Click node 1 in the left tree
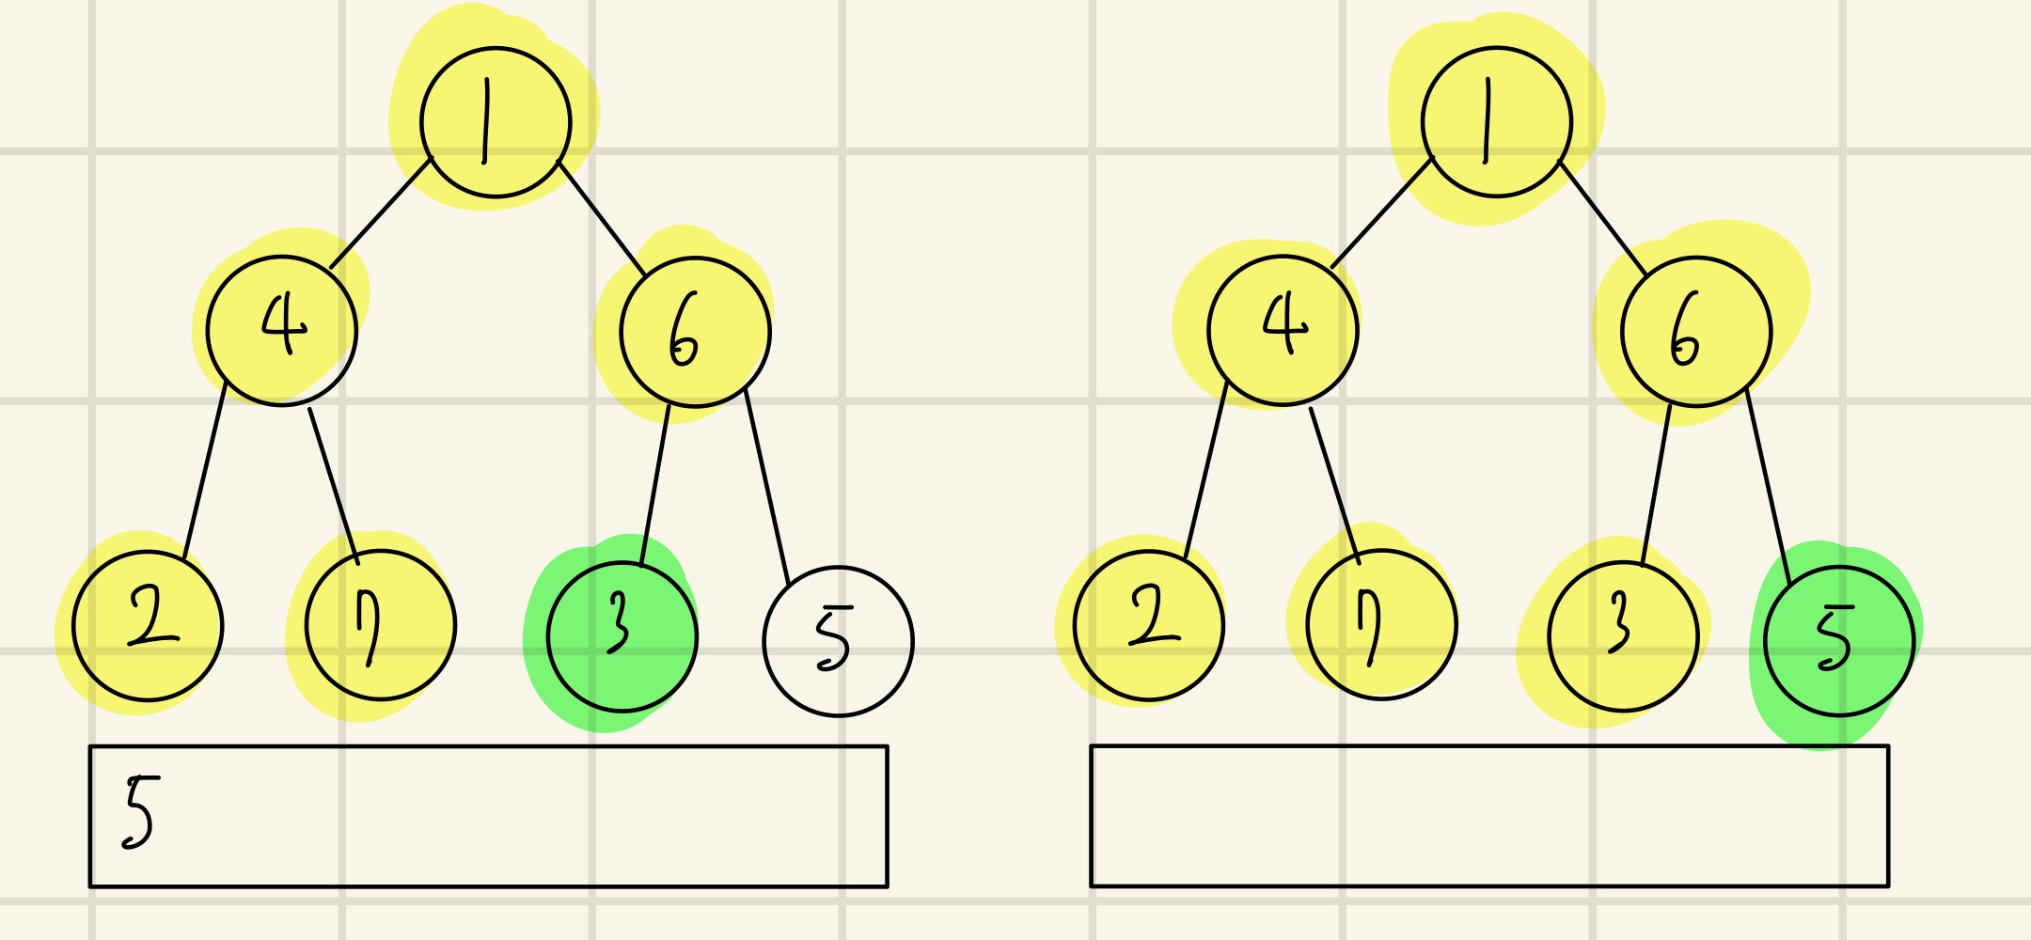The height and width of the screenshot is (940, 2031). [x=496, y=122]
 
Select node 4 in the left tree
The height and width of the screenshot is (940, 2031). [x=281, y=330]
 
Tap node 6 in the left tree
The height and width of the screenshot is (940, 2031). [x=695, y=332]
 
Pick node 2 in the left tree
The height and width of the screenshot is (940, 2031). [x=148, y=625]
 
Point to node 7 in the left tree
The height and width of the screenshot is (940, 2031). [x=380, y=625]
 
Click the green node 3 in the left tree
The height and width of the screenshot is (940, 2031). [x=622, y=636]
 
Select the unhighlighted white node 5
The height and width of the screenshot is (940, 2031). [x=837, y=641]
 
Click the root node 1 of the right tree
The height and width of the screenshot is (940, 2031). [x=1496, y=122]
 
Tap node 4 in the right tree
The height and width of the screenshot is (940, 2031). [x=1283, y=330]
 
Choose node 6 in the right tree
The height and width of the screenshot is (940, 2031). [x=1696, y=332]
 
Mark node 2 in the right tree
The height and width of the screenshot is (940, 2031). [x=1148, y=625]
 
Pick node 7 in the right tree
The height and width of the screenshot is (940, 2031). [x=1381, y=625]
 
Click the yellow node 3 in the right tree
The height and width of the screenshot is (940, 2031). [x=1623, y=636]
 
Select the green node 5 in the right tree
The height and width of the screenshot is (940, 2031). [x=1839, y=641]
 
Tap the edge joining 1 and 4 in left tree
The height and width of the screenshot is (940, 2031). [x=380, y=214]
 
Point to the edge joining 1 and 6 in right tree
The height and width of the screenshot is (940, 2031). [x=1603, y=219]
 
